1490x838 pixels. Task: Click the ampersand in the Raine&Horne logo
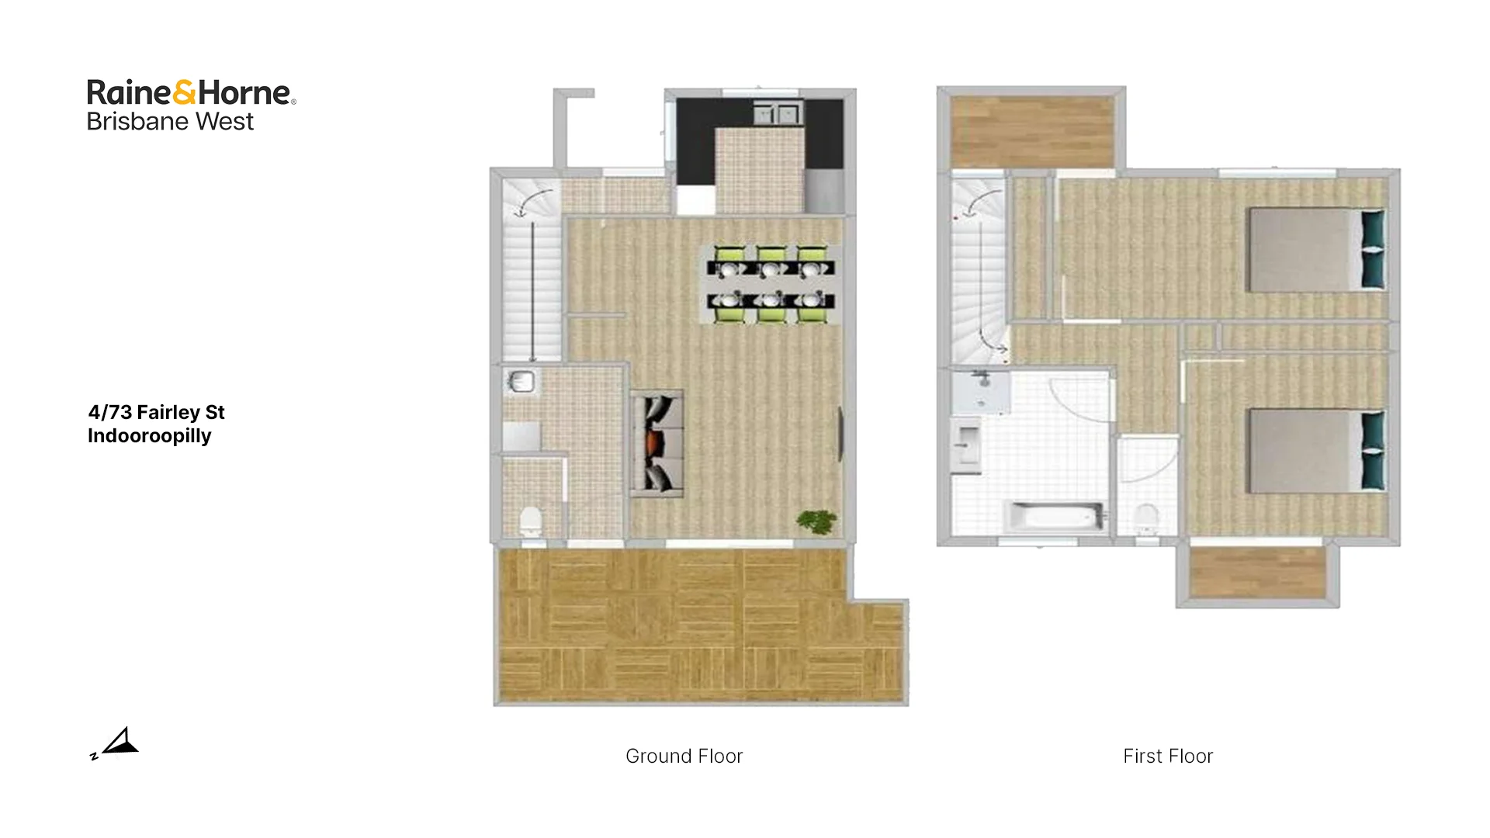(184, 92)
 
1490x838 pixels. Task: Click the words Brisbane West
(170, 122)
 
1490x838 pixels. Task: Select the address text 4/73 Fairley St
(156, 412)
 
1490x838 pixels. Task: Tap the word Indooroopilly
(149, 435)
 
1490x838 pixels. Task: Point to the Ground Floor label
(684, 756)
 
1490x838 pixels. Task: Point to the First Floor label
(1167, 756)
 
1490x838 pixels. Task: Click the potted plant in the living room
(816, 521)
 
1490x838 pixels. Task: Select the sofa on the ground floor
(657, 443)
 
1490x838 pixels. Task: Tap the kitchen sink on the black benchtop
(777, 115)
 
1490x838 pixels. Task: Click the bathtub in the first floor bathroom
(1055, 517)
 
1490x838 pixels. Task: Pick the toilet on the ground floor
(531, 521)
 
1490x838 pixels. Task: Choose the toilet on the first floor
(1146, 518)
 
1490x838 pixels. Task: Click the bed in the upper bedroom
(1315, 249)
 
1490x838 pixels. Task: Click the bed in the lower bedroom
(1315, 451)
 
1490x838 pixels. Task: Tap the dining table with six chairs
(771, 284)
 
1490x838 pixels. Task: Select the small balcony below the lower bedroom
(1257, 573)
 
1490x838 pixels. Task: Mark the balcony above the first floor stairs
(1032, 131)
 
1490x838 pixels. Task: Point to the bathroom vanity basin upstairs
(967, 446)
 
